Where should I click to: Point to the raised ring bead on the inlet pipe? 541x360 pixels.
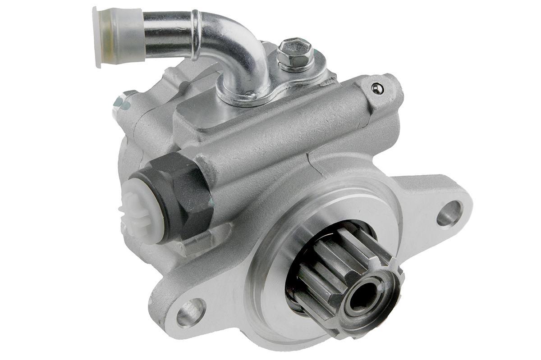point(194,35)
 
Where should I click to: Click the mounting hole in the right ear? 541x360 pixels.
point(449,213)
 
